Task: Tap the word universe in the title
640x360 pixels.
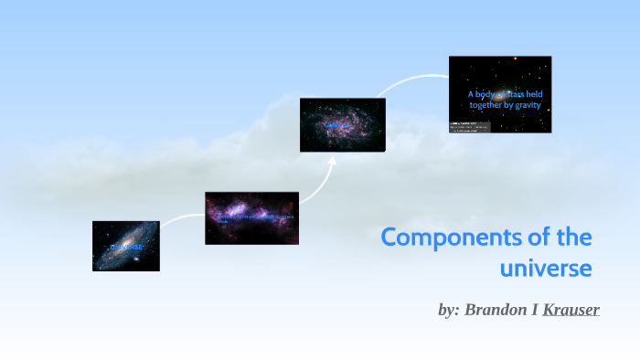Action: tap(546, 269)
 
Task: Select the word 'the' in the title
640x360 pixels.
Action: tap(574, 238)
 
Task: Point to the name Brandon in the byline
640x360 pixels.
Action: tap(499, 310)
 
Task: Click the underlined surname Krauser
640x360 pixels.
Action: tap(571, 310)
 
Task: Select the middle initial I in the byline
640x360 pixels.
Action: tap(535, 310)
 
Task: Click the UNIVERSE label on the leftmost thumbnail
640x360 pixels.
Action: tap(126, 248)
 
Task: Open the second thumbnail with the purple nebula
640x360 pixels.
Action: tap(251, 217)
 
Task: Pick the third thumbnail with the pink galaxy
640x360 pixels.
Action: tap(342, 124)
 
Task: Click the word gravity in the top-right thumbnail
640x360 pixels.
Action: tap(526, 105)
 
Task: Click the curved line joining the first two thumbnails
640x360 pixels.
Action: tap(183, 217)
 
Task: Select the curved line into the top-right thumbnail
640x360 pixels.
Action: tap(411, 79)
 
